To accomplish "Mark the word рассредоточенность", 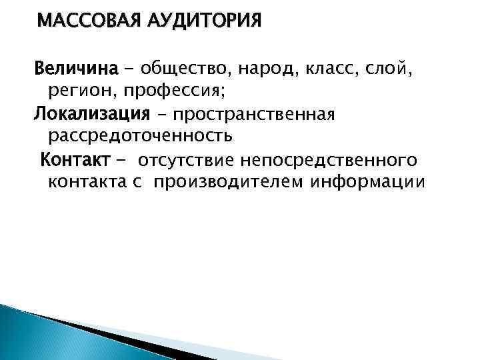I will point(141,137).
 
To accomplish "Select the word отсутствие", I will point(193,160).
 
